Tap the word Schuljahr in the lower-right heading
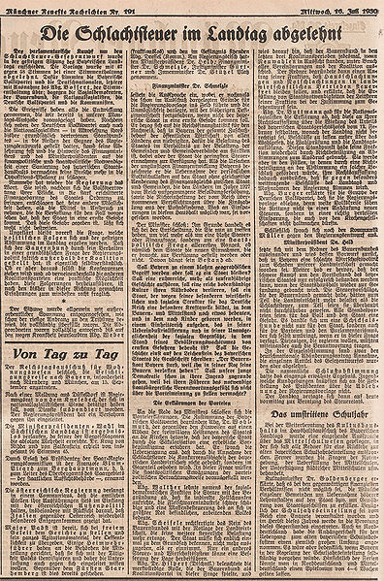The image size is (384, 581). [341, 443]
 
